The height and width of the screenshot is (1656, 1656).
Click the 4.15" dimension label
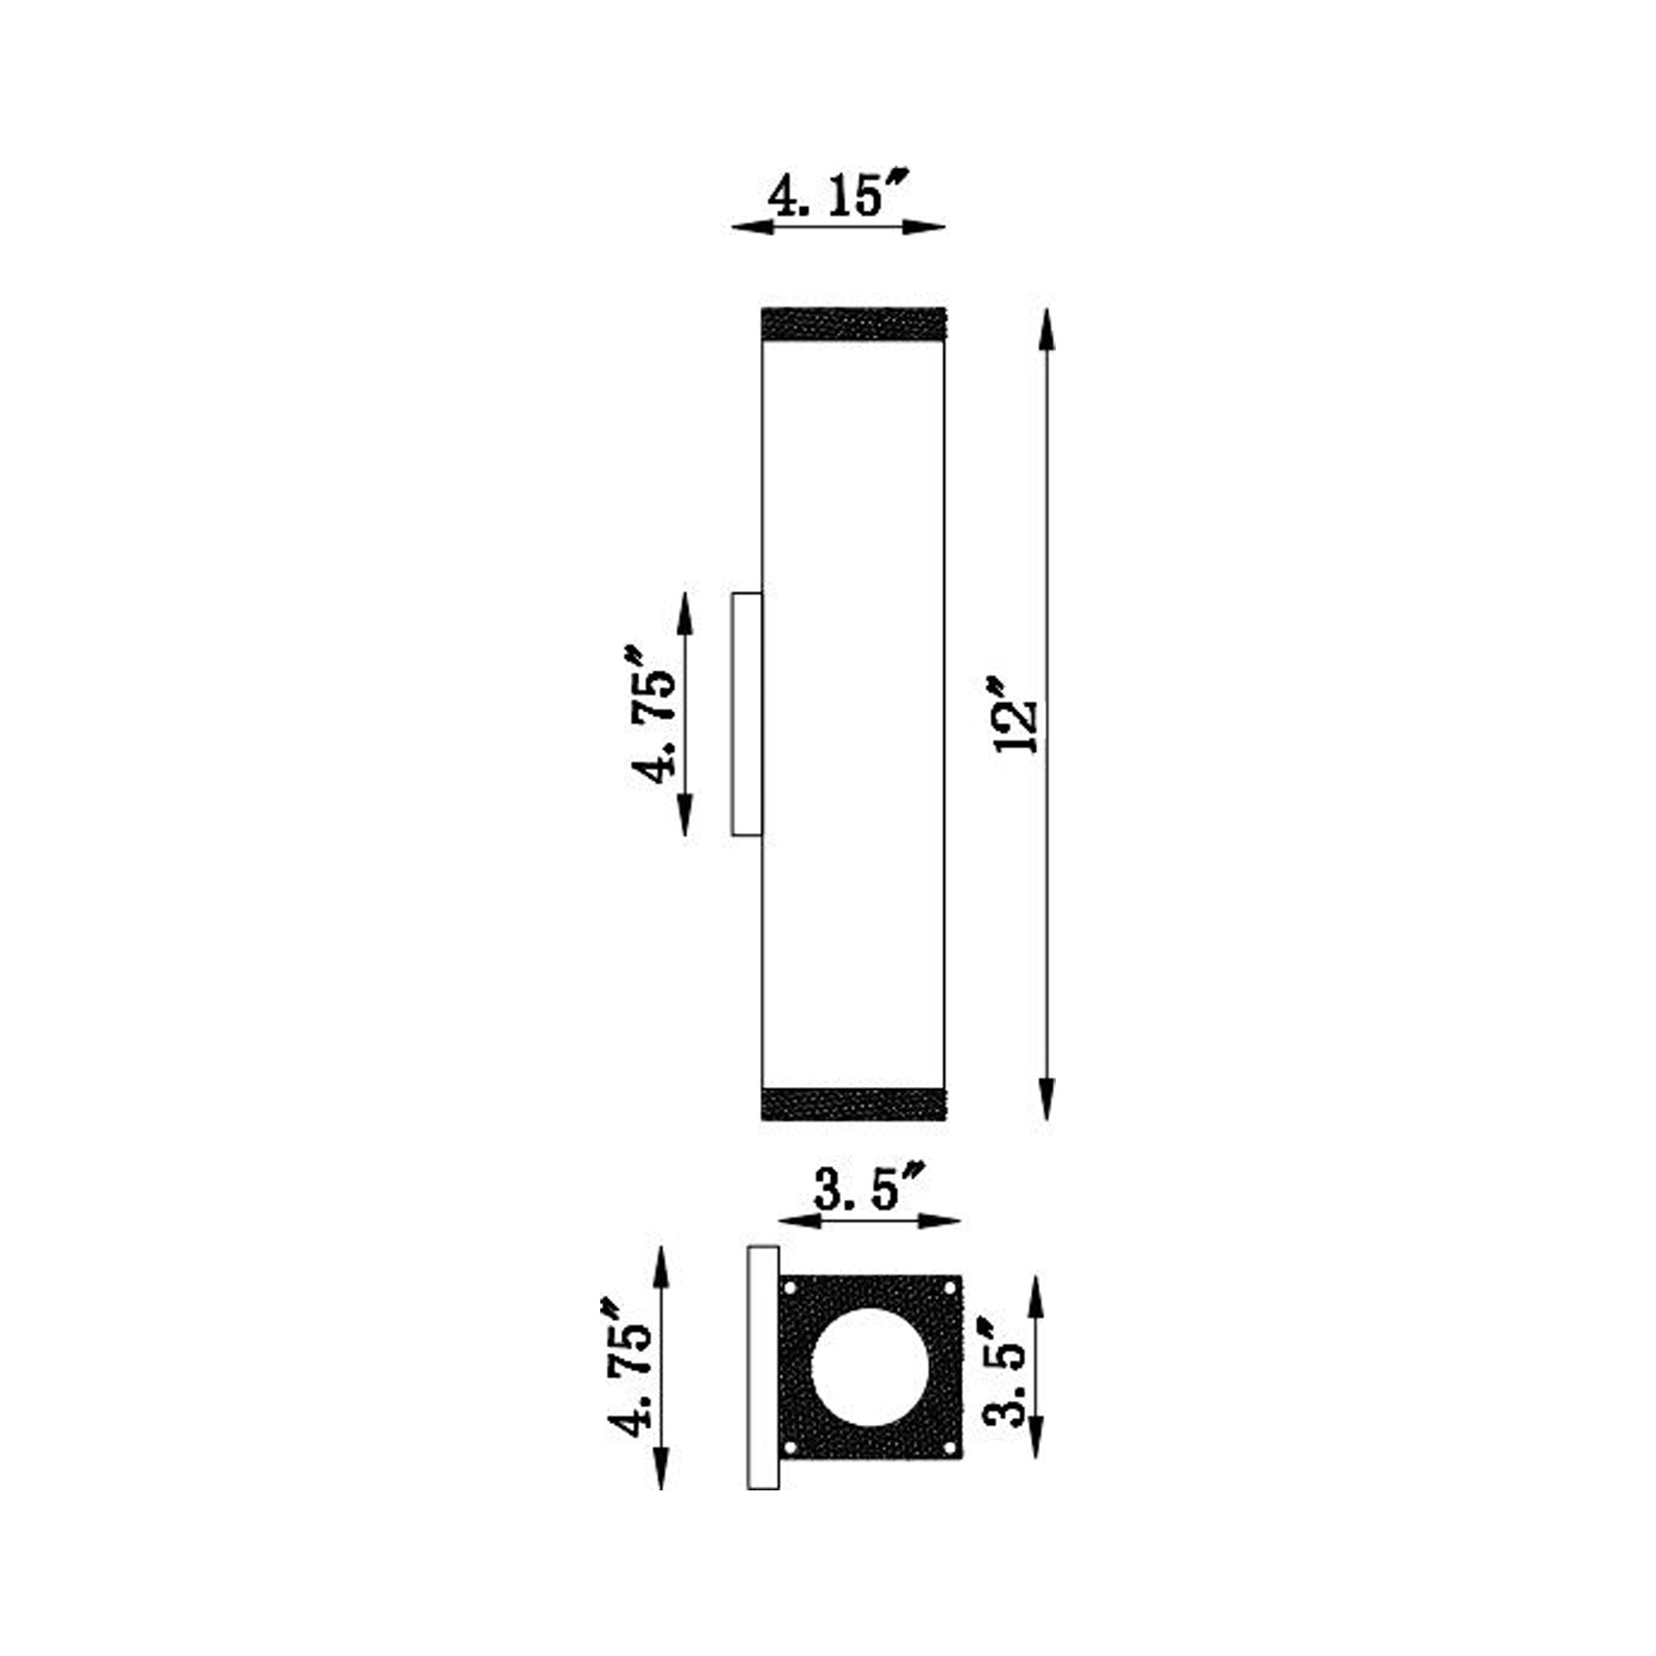click(x=837, y=195)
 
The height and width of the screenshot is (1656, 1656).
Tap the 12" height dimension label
click(x=1017, y=715)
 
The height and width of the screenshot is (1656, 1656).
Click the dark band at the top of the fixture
click(x=854, y=323)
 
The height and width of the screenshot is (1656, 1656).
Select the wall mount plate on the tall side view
click(x=747, y=713)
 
